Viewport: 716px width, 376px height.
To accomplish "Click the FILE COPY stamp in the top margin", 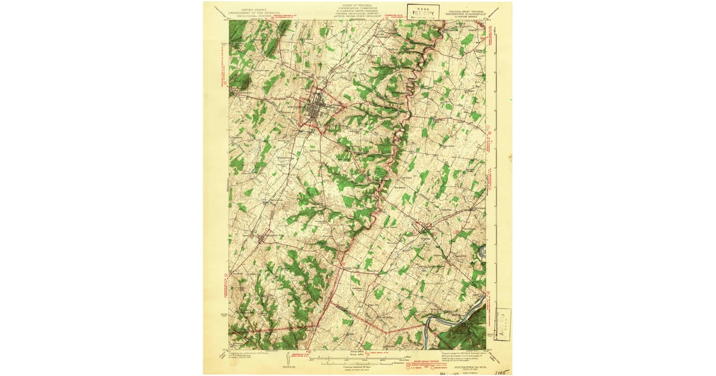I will point(424,12).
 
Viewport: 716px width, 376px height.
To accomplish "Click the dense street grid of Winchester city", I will point(314,108).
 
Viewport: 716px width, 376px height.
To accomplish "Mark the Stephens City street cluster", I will point(261,238).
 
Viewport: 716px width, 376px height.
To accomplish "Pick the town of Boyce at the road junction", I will point(425,227).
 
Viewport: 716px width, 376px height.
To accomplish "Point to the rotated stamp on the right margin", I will point(502,325).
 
